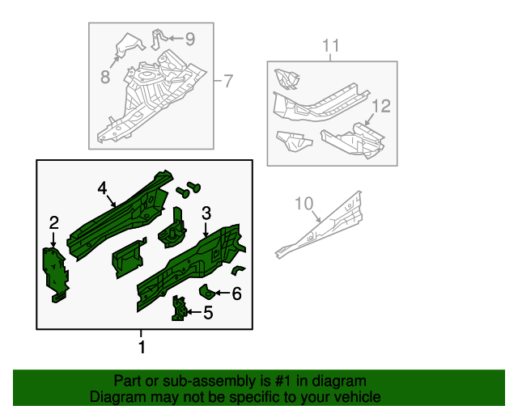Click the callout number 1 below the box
click(x=142, y=348)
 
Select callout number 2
click(x=53, y=222)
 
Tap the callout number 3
click(x=206, y=213)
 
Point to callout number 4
click(x=103, y=188)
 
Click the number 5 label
click(x=208, y=313)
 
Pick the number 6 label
click(x=236, y=294)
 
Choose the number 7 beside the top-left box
click(x=227, y=81)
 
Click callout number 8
click(x=104, y=77)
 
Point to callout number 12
click(x=381, y=106)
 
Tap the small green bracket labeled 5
click(x=179, y=309)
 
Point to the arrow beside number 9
click(x=174, y=37)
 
